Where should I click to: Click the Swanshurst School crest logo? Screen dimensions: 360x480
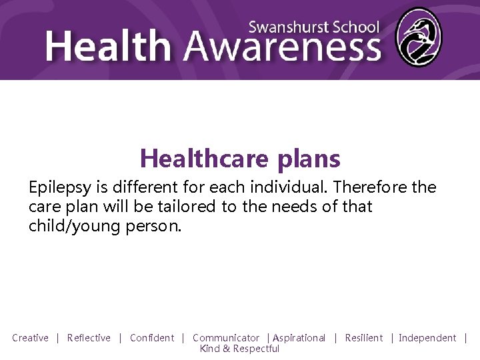point(418,37)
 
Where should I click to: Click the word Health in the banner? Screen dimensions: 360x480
point(109,47)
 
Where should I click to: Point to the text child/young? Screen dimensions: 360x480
point(73,225)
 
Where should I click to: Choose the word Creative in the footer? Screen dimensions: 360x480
point(30,338)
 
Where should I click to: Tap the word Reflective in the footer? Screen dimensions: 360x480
point(89,338)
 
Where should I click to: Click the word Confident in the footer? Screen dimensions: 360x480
point(152,338)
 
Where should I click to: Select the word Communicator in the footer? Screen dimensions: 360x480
point(226,338)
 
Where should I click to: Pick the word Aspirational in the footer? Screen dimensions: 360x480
point(299,338)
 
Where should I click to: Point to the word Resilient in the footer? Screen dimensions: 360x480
point(364,338)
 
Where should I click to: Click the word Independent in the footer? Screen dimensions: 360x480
point(427,338)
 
